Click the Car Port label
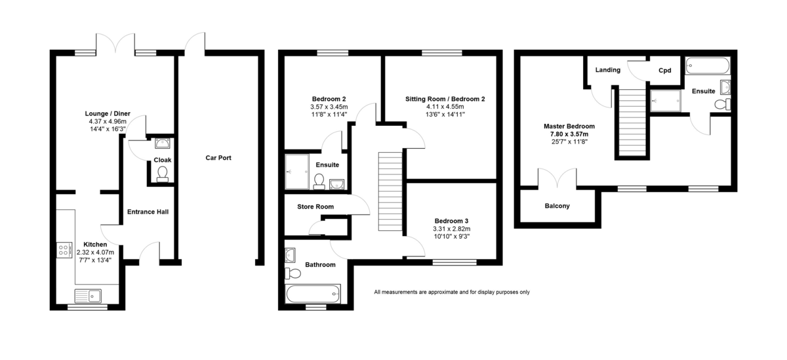[218, 158]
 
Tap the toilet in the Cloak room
[163, 174]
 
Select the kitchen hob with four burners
[64, 250]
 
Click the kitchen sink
[88, 296]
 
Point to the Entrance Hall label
[148, 212]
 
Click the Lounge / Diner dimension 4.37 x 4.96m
[108, 121]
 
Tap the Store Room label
[315, 207]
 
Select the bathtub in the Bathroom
[313, 294]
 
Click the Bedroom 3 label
[451, 221]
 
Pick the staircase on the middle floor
[390, 191]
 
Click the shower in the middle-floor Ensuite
[297, 171]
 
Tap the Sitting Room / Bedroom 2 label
[445, 99]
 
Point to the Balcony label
[557, 206]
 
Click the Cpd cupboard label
[665, 71]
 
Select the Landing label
[608, 70]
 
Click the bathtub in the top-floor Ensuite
[708, 66]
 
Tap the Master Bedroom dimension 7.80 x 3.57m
[569, 134]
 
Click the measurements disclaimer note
[452, 292]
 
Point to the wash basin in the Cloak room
[163, 144]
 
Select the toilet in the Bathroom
[293, 273]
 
